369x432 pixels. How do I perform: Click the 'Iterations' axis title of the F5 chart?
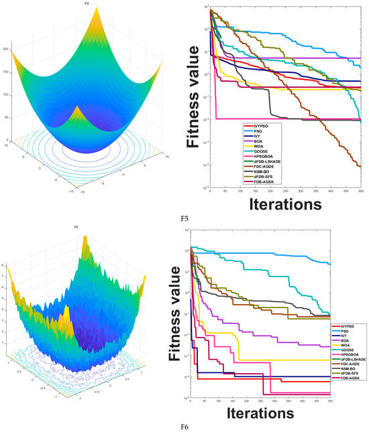click(282, 202)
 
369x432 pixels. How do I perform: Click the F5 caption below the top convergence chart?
click(184, 218)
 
